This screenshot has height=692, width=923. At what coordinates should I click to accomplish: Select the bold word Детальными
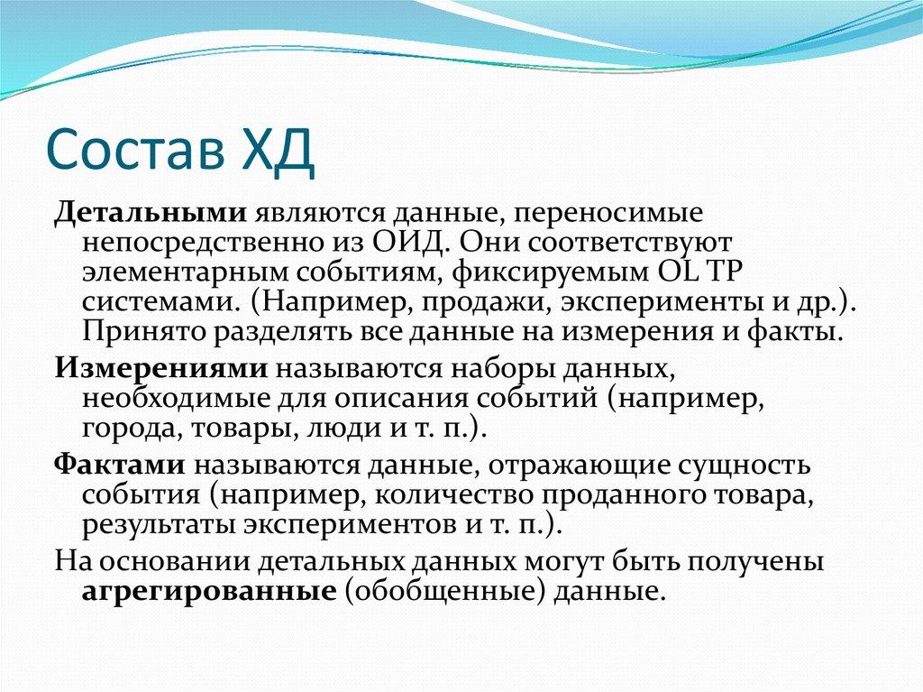coord(151,215)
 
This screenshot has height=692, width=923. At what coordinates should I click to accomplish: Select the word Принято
coord(143,331)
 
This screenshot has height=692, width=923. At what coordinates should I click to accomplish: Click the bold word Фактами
coord(121,466)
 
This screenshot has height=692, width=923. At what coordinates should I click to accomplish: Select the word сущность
coord(740,466)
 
